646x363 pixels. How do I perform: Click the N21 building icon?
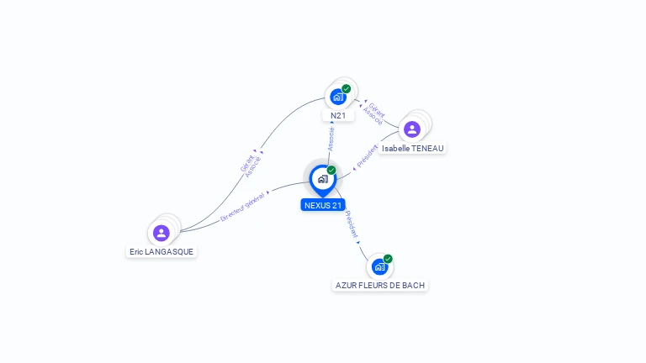(338, 97)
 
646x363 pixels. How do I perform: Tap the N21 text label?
(338, 116)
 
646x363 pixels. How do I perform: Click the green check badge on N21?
(347, 88)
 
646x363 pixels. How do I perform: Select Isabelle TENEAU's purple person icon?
(411, 129)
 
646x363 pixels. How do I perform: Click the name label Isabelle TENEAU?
(412, 149)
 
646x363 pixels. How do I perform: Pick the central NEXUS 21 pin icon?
(322, 179)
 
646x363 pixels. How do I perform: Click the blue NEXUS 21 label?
(323, 205)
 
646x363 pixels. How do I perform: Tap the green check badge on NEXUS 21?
(331, 170)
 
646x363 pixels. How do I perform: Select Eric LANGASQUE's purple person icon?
(161, 233)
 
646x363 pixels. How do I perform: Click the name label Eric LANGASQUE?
(162, 251)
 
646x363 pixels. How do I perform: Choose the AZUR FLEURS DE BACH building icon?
(379, 267)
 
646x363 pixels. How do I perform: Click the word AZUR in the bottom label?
(346, 286)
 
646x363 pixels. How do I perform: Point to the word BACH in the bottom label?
(413, 286)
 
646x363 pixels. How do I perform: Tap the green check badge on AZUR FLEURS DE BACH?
(388, 259)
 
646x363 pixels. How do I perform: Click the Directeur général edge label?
(242, 206)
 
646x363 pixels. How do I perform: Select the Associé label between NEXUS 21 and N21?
(331, 139)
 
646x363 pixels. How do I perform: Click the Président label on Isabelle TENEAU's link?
(368, 155)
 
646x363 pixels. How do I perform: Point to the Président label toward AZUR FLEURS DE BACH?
(352, 223)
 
